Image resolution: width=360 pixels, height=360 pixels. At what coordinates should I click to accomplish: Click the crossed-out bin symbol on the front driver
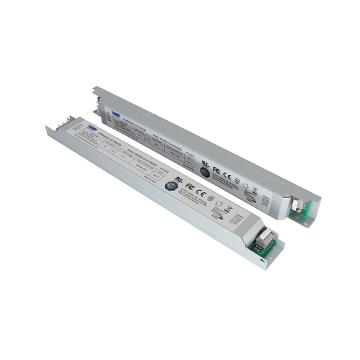coord(230,210)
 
